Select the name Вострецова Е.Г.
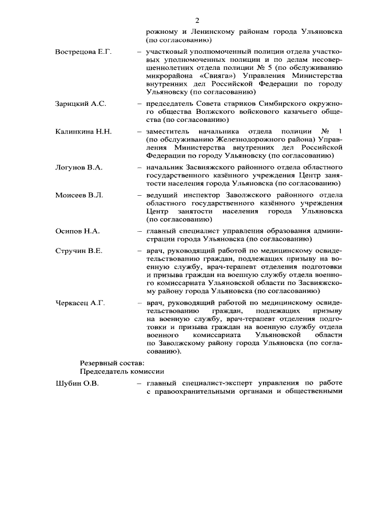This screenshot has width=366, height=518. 83,52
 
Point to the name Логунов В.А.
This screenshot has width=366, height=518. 79,167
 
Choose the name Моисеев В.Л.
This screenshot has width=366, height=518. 79,195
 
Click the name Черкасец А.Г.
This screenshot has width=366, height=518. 80,302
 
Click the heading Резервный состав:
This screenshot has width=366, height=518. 112,362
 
